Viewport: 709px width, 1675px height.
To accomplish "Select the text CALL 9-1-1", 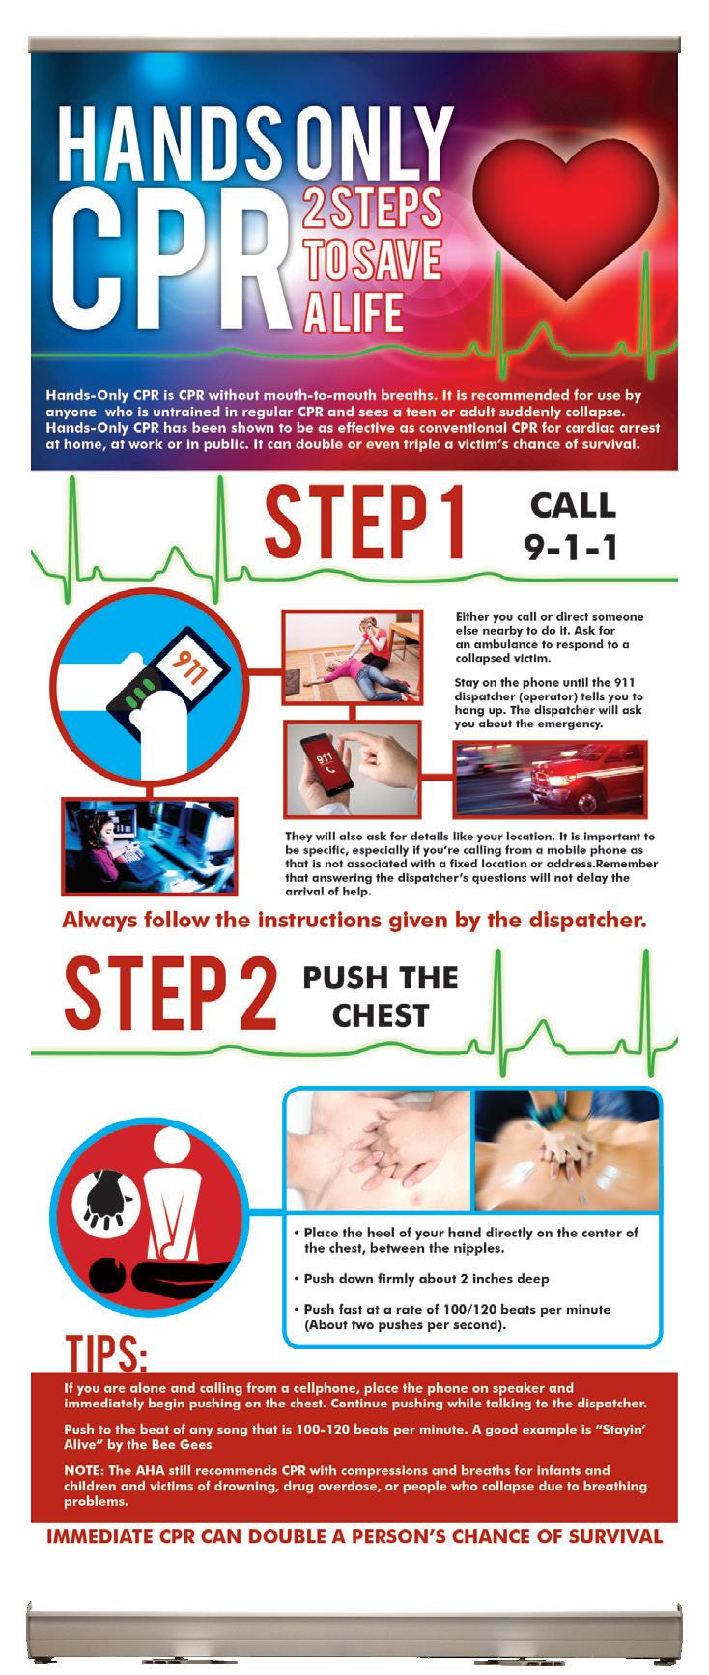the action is (x=570, y=526).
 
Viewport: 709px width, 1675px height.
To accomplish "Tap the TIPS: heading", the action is (x=106, y=1353).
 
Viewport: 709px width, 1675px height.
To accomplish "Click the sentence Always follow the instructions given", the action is (x=354, y=920).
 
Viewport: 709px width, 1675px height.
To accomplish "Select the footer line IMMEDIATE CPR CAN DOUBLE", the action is (x=354, y=1536).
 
